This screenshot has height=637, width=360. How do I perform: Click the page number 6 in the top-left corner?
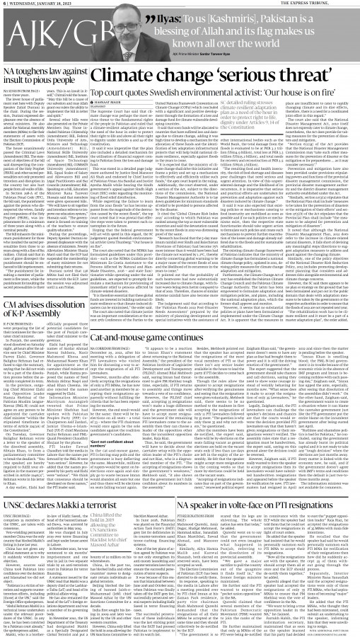coord(4,4)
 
